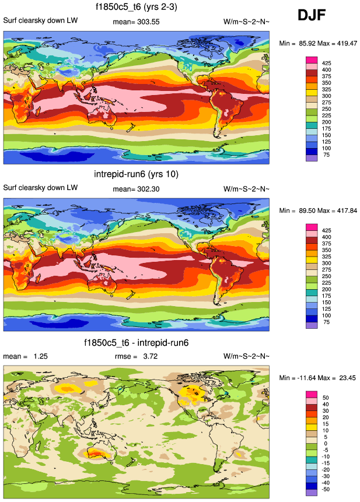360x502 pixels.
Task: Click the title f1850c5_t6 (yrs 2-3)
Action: [x=136, y=7]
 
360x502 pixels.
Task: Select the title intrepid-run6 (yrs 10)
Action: [x=136, y=174]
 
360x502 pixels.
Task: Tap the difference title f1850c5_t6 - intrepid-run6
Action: [x=136, y=342]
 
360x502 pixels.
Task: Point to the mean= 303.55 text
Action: [x=136, y=22]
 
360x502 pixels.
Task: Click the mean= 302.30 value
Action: [x=136, y=188]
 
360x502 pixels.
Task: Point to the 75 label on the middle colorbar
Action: [x=326, y=321]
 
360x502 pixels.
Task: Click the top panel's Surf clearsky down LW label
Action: [x=40, y=21]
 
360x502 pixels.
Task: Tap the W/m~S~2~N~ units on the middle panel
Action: [x=246, y=188]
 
